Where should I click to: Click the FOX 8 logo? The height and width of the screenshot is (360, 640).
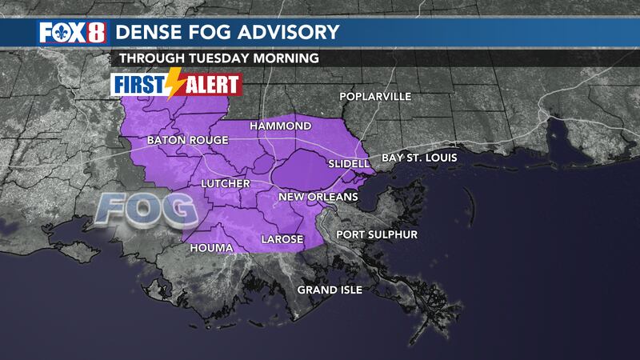point(70,34)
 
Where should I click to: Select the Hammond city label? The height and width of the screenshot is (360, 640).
point(280,126)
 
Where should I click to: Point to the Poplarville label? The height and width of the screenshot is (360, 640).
point(375,97)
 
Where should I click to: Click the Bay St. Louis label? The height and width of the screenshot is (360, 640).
point(418,158)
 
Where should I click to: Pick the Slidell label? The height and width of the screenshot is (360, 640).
point(349,164)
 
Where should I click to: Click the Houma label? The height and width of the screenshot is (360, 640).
point(211,248)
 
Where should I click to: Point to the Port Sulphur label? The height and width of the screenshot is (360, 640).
point(376,234)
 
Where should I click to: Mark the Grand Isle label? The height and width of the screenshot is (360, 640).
point(330,289)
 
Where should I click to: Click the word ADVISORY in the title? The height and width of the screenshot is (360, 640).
point(286,33)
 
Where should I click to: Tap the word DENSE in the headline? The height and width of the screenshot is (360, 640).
point(149,33)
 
